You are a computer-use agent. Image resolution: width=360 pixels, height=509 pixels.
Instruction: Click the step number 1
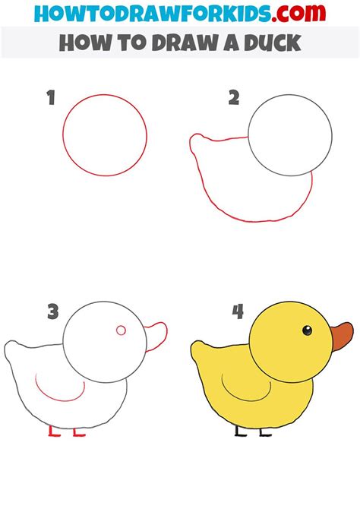51,98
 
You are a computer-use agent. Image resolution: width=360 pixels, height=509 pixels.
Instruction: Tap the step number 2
234,98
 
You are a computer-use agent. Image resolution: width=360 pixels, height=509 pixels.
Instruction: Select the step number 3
53,311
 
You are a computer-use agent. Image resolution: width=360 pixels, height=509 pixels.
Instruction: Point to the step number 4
238,311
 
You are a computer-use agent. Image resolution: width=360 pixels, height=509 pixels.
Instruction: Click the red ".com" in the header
298,13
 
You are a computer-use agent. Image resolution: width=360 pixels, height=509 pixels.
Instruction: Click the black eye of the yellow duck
307,330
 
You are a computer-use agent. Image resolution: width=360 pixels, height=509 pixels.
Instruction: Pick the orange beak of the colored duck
343,337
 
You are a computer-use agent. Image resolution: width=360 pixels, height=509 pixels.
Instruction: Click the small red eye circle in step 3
121,330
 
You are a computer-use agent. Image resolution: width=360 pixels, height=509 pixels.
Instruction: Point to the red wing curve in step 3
60,398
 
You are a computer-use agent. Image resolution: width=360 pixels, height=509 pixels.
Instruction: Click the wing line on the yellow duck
247,397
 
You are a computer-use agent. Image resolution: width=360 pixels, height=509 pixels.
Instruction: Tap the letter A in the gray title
232,43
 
